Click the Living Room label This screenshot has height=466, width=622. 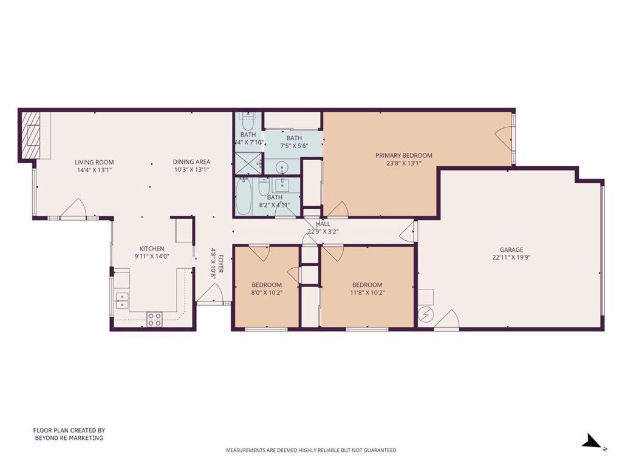94,162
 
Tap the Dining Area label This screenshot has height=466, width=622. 191,161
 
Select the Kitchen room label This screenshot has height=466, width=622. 152,248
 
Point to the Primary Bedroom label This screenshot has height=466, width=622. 404,155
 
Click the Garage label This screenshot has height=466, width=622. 511,249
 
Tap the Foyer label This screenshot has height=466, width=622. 220,264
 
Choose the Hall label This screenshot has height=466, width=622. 323,224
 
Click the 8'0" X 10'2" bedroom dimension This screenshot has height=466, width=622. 267,293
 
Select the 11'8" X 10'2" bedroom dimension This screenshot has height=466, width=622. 367,293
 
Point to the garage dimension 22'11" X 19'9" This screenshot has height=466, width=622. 511,257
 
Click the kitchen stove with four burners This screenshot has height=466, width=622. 154,319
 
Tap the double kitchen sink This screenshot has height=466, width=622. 121,300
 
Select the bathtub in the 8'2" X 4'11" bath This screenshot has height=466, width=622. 243,197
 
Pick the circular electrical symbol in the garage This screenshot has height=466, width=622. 426,315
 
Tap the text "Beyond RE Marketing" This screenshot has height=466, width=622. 69,438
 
